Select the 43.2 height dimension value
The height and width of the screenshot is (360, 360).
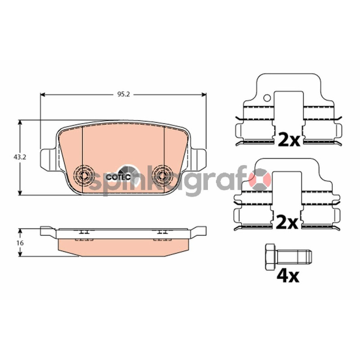20,157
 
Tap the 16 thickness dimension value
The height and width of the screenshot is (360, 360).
20,243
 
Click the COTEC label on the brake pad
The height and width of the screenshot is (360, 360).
118,177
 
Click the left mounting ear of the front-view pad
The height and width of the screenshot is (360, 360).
48,160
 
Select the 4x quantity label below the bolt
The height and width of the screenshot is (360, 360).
288,276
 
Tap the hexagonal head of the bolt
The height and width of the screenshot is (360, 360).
271,257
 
